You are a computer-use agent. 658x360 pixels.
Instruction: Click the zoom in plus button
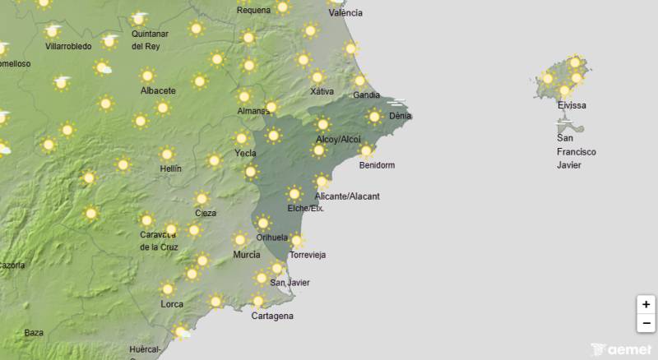pos(646,305)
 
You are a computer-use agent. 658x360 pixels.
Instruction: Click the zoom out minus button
pos(646,323)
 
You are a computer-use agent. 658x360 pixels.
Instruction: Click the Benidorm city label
pos(377,165)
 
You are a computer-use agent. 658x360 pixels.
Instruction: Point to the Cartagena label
pos(272,316)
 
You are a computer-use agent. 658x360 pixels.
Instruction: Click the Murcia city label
pos(247,255)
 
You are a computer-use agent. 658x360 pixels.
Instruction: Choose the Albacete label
pos(158,90)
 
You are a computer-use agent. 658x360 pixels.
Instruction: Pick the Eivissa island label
pos(572,105)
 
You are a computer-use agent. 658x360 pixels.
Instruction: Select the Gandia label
pos(366,95)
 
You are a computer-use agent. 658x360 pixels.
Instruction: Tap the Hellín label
pos(170,168)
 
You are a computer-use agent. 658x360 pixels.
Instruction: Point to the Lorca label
pos(172,304)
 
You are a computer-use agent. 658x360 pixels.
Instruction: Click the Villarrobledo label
pos(69,47)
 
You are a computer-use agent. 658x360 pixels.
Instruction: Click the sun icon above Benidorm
pos(366,151)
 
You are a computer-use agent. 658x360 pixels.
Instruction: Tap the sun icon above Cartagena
pos(259,301)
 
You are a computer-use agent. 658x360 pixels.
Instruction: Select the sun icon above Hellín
pos(168,154)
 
